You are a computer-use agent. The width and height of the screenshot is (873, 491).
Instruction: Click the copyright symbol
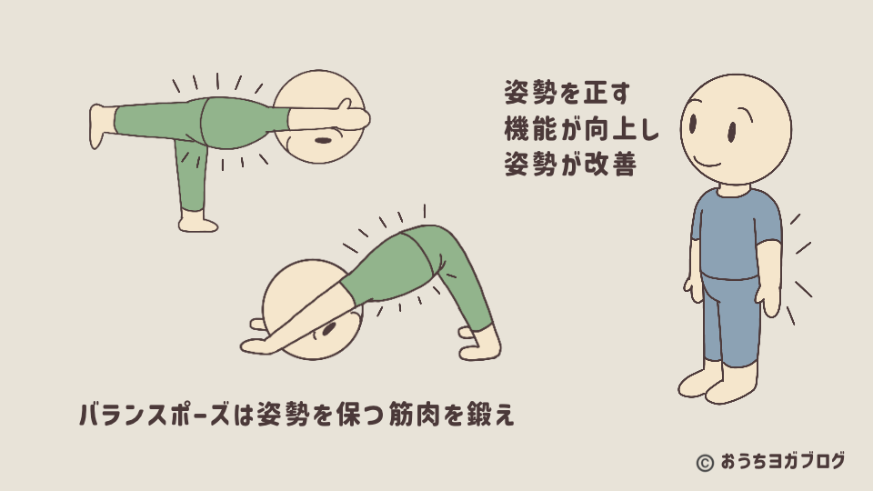[705, 463]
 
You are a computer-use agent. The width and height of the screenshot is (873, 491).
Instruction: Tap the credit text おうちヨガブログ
[783, 462]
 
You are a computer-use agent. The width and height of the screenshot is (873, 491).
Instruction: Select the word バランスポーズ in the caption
[155, 415]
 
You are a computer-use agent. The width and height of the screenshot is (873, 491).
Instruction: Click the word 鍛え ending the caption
[490, 415]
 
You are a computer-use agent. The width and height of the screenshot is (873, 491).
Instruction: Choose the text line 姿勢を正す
[567, 93]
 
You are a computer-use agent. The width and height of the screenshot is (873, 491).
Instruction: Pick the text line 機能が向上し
[582, 129]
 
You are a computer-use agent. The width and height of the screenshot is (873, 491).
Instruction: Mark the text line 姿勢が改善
[570, 165]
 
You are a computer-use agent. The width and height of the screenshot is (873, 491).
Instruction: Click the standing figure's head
[736, 130]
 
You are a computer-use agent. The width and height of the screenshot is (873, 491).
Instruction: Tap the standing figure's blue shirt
[736, 234]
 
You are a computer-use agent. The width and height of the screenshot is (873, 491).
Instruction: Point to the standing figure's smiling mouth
[707, 163]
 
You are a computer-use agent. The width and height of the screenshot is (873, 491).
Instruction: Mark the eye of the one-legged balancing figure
[323, 140]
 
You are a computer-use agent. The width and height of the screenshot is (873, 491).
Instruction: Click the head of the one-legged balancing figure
[319, 117]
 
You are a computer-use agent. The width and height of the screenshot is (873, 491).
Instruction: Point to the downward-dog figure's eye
[328, 329]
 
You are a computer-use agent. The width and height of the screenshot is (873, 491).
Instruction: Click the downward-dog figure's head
[312, 309]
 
